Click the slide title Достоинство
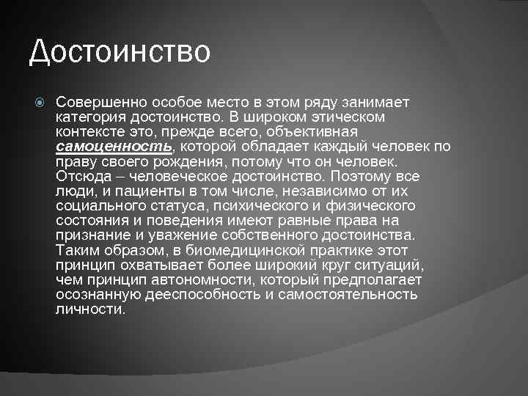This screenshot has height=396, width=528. pos(120,51)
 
